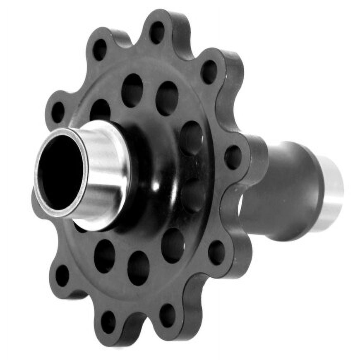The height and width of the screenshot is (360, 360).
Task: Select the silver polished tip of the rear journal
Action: [333, 188]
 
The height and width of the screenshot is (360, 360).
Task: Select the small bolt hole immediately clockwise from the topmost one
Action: [209, 72]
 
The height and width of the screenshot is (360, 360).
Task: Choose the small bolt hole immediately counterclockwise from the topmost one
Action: [100, 49]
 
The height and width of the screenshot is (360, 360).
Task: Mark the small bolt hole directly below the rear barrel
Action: [216, 252]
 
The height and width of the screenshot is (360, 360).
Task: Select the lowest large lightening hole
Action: [138, 268]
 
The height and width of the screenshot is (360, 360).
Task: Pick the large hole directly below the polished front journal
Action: [104, 256]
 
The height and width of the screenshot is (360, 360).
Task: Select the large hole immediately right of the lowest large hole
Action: [173, 245]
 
